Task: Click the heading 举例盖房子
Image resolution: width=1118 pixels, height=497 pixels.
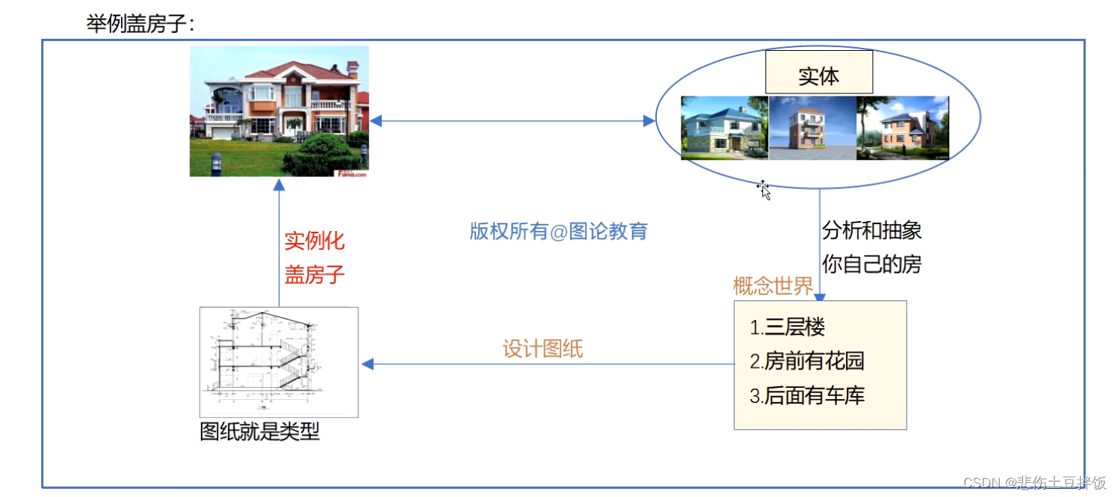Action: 140,23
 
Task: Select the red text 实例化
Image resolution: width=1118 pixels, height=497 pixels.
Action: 315,241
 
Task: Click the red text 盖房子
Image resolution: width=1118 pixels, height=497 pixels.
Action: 315,274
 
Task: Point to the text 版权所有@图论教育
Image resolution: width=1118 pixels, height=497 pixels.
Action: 558,231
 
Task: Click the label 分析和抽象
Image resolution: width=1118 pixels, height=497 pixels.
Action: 871,230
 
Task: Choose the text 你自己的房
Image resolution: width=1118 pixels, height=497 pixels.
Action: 871,264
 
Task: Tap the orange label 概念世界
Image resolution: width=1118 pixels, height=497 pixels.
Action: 773,286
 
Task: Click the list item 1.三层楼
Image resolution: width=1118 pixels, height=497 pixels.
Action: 788,327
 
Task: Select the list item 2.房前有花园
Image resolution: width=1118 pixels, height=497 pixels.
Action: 807,362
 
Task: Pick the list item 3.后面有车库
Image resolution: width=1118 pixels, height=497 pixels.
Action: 807,395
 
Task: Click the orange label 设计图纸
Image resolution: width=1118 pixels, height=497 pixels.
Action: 543,349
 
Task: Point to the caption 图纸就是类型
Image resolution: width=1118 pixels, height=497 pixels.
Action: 259,431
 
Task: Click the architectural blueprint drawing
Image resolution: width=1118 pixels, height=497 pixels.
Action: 279,362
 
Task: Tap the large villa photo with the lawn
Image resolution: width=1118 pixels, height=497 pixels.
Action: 279,111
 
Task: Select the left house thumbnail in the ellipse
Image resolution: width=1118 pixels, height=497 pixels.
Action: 724,128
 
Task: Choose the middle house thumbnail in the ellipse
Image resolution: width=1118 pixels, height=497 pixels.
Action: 812,128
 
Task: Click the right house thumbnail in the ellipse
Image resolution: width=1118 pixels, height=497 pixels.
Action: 902,128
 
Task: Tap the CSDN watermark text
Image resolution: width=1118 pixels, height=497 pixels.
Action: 1034,482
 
